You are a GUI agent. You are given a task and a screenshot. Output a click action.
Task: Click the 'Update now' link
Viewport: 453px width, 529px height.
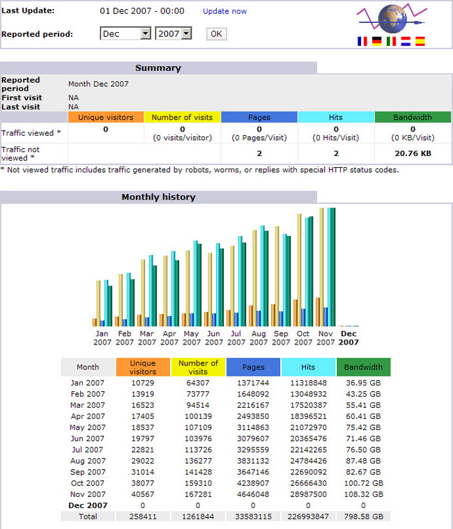point(224,11)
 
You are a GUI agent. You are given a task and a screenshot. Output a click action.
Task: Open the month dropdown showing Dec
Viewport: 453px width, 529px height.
point(125,33)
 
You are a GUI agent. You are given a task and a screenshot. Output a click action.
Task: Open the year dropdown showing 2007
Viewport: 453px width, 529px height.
point(174,33)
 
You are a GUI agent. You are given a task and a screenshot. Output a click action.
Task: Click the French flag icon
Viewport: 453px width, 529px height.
point(362,42)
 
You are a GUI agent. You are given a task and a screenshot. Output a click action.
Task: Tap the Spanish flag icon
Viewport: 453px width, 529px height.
point(420,42)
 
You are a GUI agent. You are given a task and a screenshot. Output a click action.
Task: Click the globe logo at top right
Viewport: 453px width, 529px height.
point(392,18)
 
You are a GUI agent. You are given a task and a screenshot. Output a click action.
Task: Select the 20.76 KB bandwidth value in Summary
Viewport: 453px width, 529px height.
point(413,152)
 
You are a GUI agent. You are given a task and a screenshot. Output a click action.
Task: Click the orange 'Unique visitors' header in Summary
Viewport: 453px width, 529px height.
point(106,118)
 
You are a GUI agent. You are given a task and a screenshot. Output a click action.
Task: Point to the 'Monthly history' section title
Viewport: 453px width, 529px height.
point(158,197)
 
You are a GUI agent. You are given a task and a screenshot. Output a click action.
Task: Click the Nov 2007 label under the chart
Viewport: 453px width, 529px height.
point(325,338)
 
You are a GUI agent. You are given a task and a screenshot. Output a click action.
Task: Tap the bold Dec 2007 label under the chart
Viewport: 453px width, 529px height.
point(348,338)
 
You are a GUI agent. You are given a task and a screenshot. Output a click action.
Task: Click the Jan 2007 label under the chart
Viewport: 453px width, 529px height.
point(102,338)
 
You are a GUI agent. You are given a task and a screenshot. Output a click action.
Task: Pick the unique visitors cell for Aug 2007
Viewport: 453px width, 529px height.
point(143,461)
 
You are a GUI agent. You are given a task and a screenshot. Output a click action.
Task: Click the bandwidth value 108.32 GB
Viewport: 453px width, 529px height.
point(363,494)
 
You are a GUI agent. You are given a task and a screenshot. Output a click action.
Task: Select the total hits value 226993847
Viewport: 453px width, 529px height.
point(308,516)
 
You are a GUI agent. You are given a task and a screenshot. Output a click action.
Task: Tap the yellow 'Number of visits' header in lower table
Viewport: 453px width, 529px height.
point(198,367)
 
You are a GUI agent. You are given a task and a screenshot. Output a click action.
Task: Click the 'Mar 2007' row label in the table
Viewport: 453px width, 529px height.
point(88,405)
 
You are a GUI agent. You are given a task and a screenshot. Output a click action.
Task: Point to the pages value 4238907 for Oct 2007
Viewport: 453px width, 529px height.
point(253,483)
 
